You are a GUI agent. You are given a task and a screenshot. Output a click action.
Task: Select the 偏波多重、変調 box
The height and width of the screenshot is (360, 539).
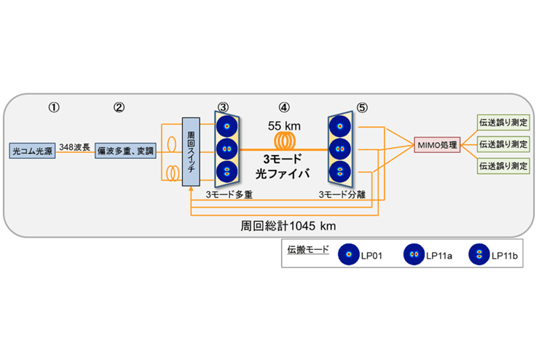tap(123, 152)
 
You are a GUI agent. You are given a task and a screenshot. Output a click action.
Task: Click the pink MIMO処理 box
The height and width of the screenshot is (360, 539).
tap(436, 144)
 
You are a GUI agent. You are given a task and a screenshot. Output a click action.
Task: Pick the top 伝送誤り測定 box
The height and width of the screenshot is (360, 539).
tap(503, 122)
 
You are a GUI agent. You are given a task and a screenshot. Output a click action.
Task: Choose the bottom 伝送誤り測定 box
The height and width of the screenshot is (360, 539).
tap(503, 166)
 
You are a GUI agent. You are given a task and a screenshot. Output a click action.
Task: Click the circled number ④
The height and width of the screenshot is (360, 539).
tap(285, 107)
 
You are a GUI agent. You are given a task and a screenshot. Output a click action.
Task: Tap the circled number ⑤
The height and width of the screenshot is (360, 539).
tap(363, 107)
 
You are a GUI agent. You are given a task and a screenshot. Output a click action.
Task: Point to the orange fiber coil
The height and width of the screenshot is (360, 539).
tap(285, 140)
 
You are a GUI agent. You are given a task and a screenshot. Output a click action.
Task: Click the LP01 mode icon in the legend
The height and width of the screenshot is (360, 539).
tap(351, 254)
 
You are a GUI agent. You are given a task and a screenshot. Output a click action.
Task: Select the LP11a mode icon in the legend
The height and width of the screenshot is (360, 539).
tap(417, 254)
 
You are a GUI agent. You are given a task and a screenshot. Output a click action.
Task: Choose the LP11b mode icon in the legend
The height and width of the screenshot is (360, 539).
tap(479, 254)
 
